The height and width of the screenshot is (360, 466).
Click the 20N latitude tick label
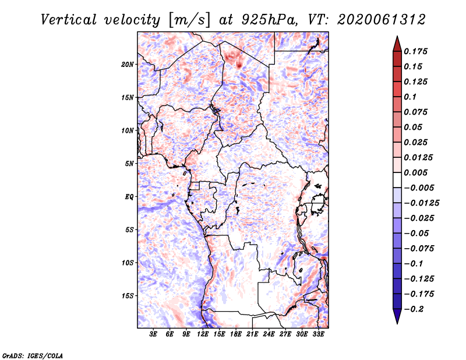pos(127,65)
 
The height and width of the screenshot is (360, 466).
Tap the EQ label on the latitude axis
pos(129,197)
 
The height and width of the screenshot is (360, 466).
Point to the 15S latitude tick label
pos(127,296)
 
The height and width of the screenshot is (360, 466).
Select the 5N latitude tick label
pos(129,164)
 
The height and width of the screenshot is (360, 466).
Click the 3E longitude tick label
pos(153,334)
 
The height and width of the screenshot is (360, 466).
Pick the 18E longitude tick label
pos(236,334)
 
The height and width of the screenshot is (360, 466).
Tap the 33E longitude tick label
pos(318,334)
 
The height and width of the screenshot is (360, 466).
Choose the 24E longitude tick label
pos(269,334)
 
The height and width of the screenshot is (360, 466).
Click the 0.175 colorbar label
pos(415,51)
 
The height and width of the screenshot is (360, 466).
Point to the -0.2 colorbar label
pos(414,309)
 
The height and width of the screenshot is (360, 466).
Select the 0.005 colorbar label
pos(415,172)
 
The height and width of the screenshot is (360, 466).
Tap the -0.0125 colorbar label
pos(421,203)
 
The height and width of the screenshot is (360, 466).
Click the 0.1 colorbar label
pos(410,97)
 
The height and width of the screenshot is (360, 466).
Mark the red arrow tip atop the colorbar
pos(397,36)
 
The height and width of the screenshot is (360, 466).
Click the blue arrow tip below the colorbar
pos(397,323)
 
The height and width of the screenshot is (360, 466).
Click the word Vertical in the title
pos(69,20)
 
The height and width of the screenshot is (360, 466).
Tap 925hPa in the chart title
pos(270,20)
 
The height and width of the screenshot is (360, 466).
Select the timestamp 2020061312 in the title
pos(381,20)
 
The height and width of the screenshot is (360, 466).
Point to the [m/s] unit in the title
pos(189,20)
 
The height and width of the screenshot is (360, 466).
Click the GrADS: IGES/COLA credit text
pos(33,355)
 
